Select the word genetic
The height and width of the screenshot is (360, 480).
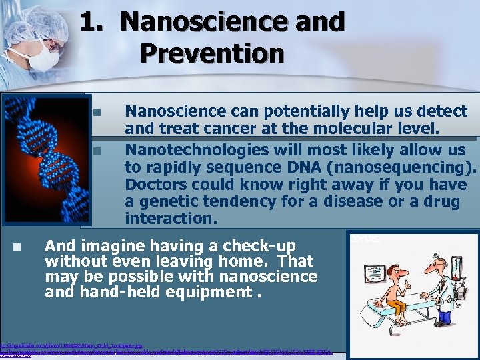click(x=167, y=201)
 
